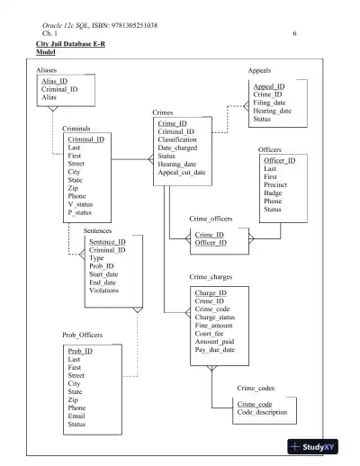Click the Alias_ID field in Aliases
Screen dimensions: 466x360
pos(55,81)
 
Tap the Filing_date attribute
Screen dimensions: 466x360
pos(272,103)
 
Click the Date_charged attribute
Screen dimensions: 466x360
pos(178,148)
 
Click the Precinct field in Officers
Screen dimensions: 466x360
pos(276,184)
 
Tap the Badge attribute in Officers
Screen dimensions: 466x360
pos(273,193)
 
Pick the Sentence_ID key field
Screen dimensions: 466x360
pos(107,242)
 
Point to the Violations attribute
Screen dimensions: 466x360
pos(104,291)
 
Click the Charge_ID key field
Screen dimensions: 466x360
pos(211,293)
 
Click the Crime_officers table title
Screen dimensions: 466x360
pos(211,219)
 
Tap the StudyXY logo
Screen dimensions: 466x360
pos(319,447)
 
